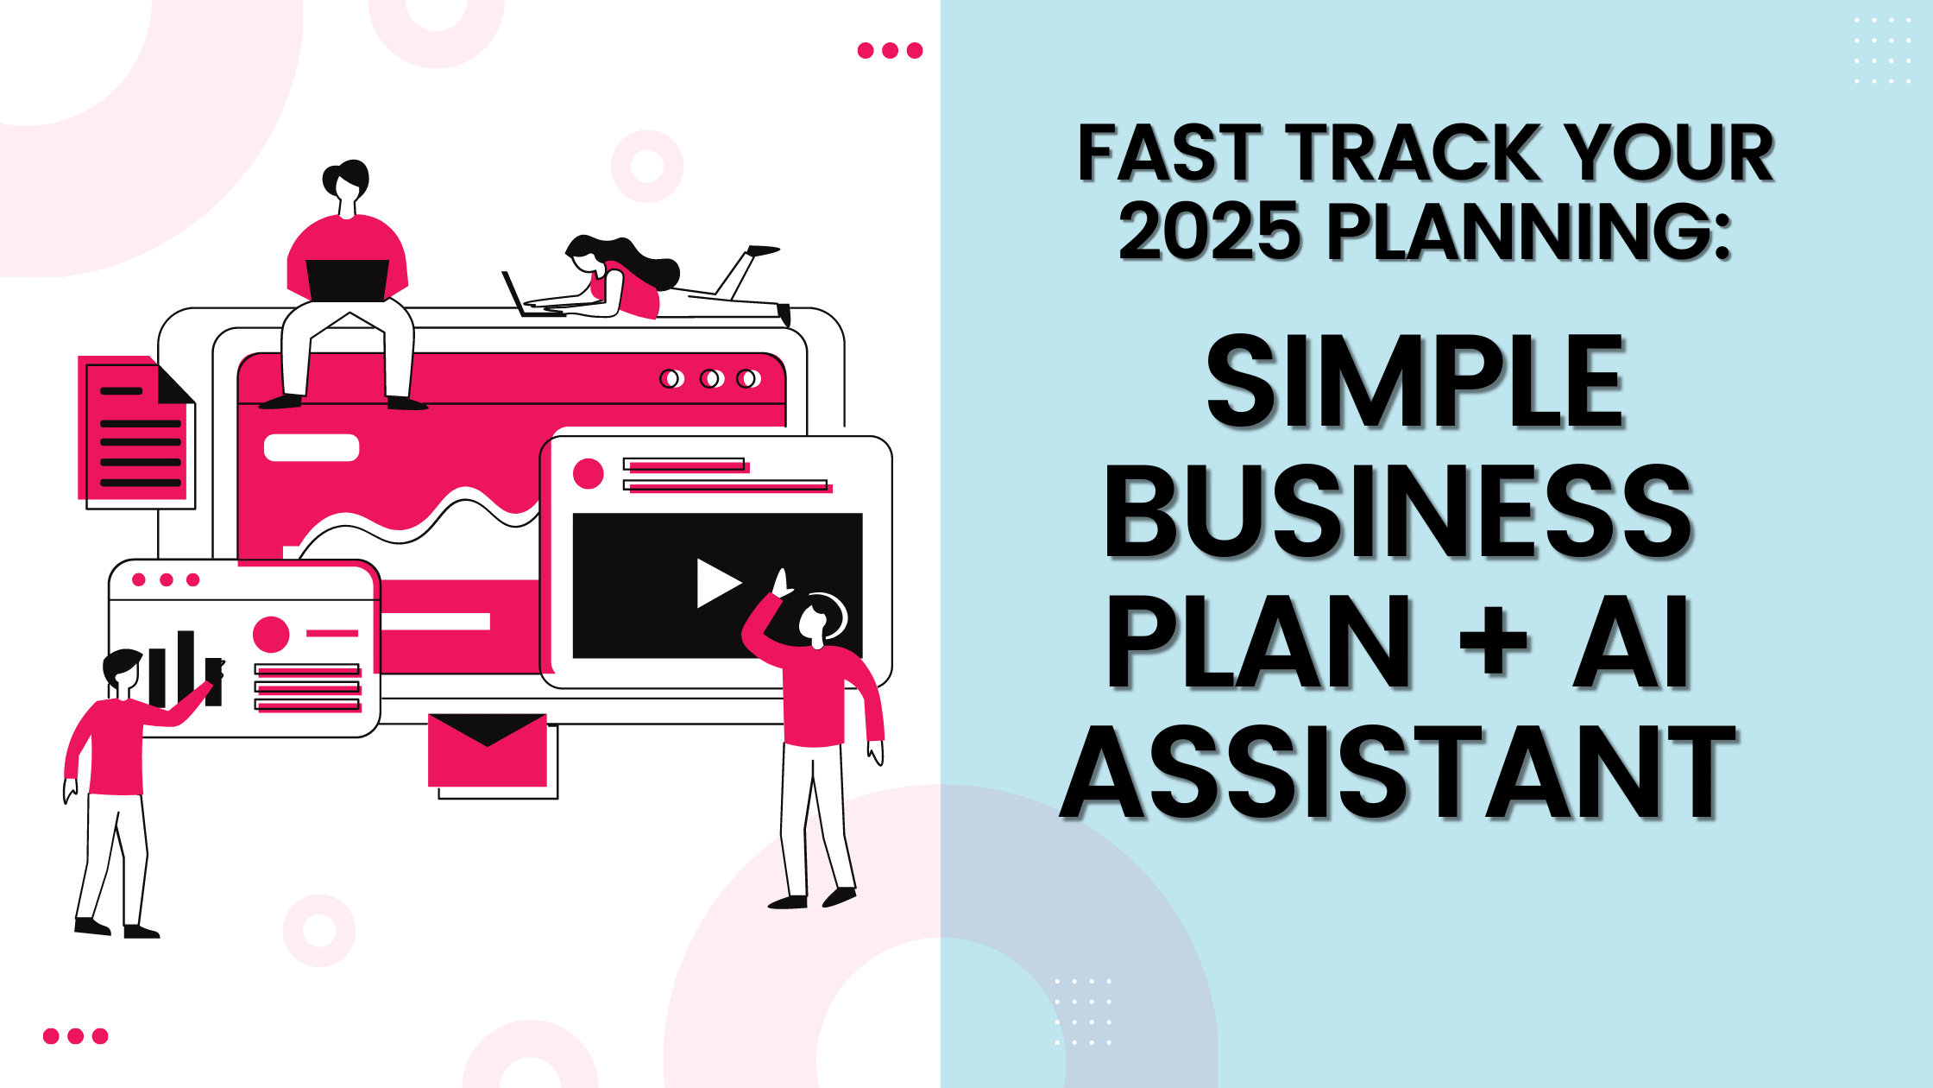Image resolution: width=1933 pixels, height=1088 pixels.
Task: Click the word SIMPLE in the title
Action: tap(1415, 382)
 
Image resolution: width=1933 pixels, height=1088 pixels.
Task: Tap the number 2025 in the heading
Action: tap(1209, 230)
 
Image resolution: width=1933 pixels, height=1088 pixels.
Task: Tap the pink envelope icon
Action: tap(488, 750)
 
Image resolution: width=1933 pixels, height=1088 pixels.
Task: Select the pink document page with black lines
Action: tap(135, 428)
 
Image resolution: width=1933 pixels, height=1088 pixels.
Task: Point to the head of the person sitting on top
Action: tap(346, 181)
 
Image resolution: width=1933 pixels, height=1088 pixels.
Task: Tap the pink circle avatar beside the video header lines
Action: tap(589, 473)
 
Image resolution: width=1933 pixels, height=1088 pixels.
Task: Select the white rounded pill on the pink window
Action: tap(312, 447)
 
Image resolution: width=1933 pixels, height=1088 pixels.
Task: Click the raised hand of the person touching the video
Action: tap(782, 583)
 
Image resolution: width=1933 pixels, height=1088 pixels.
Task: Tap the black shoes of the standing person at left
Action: tap(116, 928)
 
